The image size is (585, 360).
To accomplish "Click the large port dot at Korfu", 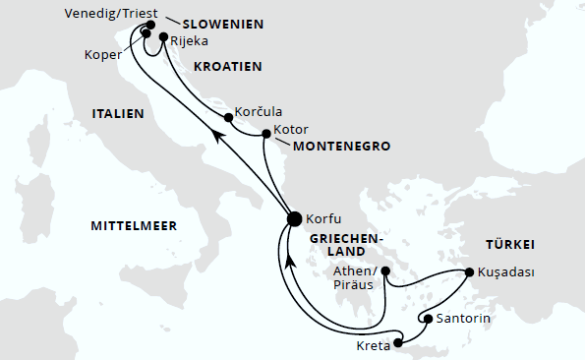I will coord(293,219).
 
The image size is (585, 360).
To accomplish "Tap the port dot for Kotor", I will coord(266,134).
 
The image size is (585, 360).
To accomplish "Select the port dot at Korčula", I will coord(228,117).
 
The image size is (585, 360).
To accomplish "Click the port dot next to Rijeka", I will coord(163,37).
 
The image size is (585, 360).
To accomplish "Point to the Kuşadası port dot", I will coord(469,272).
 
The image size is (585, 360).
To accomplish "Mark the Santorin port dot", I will coord(428,319).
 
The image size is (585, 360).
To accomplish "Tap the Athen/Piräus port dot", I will coord(385,270).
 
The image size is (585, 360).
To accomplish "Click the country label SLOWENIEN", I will coord(222,24).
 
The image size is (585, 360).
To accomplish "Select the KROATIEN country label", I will coord(227,67).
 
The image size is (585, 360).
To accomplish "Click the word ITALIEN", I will coord(119,114).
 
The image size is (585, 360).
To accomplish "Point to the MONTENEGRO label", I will coord(342,147).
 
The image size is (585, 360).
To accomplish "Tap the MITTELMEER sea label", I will coord(134,226).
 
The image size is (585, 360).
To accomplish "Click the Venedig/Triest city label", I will coord(109,15).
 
